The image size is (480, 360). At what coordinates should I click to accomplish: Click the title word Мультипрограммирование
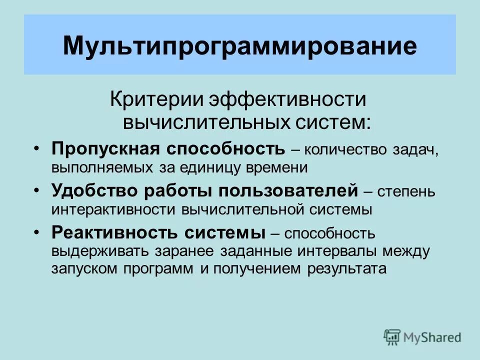tap(239, 45)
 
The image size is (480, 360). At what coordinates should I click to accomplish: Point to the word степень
tap(407, 191)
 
